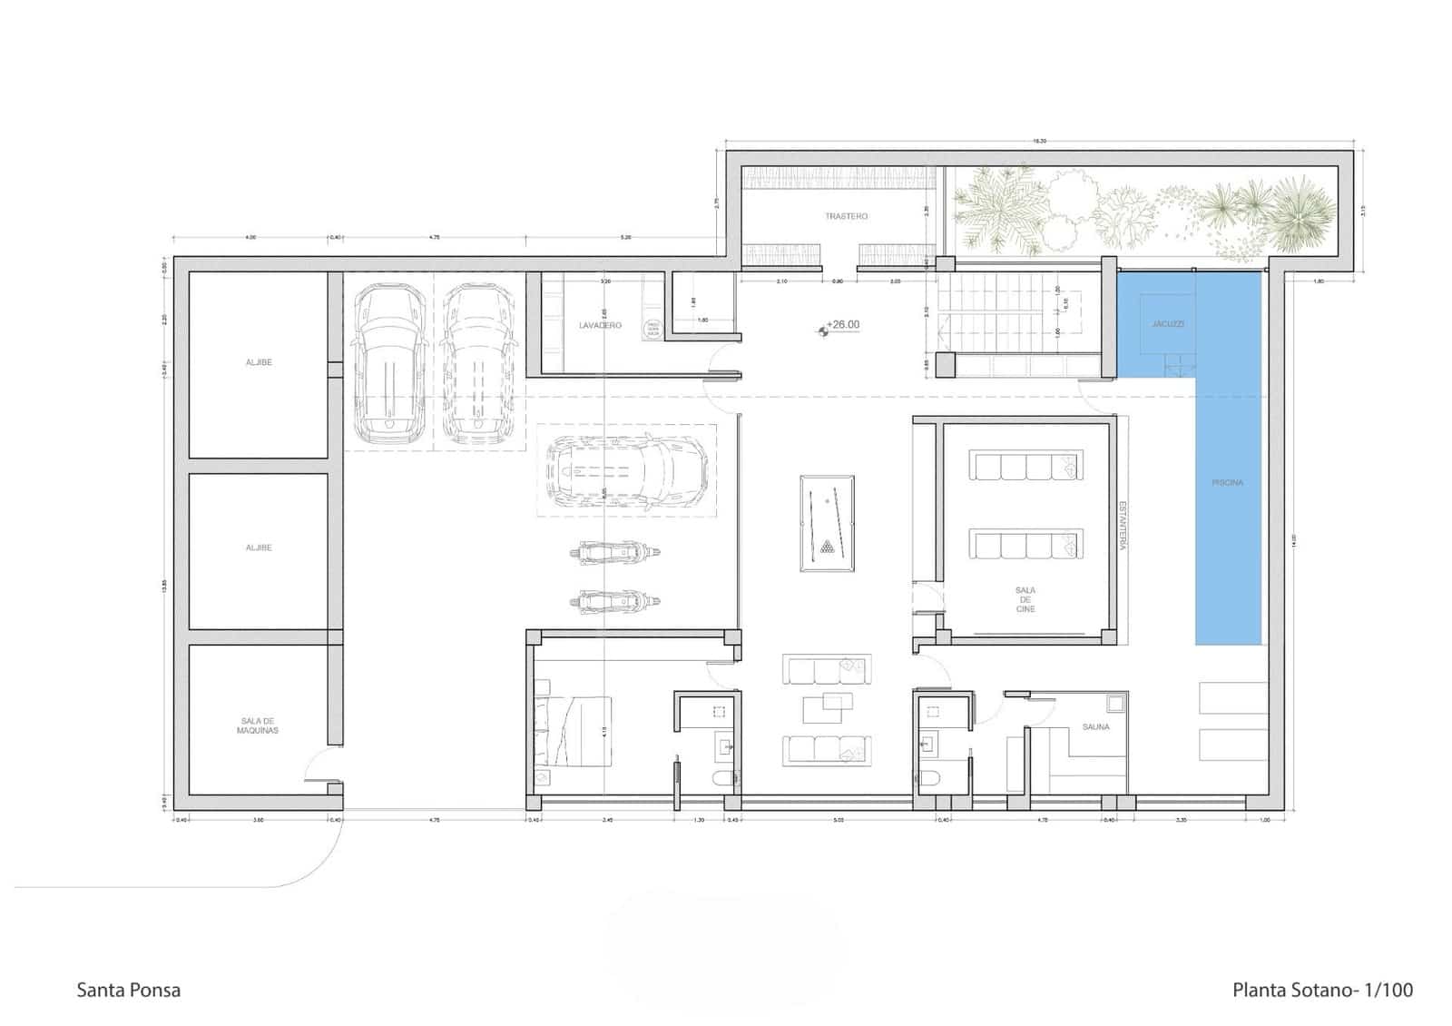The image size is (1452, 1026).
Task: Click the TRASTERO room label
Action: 846,216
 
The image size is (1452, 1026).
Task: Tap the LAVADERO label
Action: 600,325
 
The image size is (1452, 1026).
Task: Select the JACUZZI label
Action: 1168,323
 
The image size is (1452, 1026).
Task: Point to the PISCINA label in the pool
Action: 1227,482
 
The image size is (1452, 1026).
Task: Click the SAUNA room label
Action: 1095,727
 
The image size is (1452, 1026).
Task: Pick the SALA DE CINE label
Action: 1025,599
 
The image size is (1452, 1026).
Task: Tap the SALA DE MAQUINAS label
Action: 258,725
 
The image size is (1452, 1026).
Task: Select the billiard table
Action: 826,523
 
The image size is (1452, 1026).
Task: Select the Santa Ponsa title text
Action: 128,990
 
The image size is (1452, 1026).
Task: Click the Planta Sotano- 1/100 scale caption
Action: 1321,990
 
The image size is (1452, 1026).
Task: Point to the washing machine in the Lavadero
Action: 652,330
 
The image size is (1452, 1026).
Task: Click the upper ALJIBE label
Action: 259,362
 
